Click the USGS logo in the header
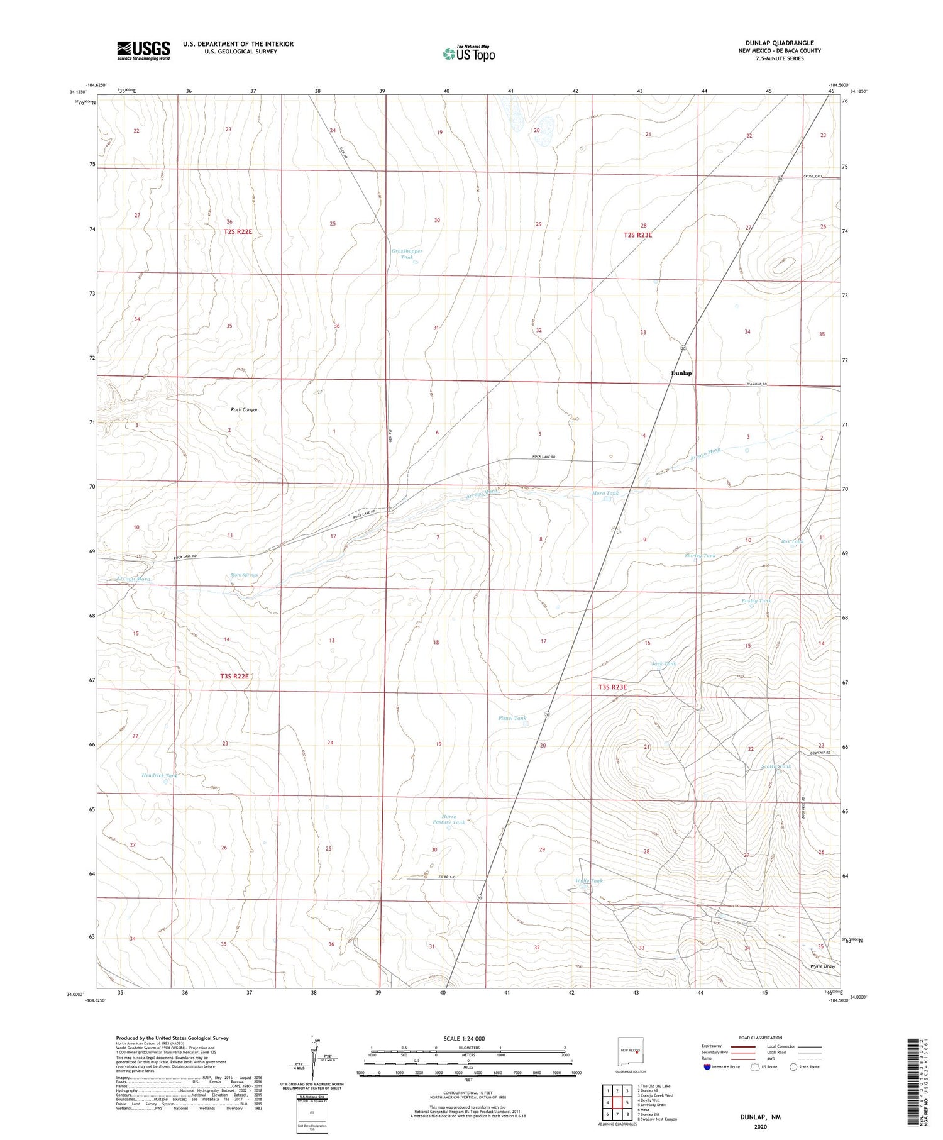click(143, 50)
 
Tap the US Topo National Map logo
click(468, 53)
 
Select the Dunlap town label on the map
click(681, 373)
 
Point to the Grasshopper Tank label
click(407, 254)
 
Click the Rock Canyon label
click(245, 409)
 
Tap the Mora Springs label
click(244, 575)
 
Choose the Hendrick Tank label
click(159, 775)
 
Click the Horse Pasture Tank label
click(448, 819)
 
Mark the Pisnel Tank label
click(512, 718)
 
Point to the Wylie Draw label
click(822, 966)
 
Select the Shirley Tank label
click(700, 556)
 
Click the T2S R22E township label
click(238, 231)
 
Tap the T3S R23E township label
click(612, 687)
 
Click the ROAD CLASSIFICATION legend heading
click(760, 1038)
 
